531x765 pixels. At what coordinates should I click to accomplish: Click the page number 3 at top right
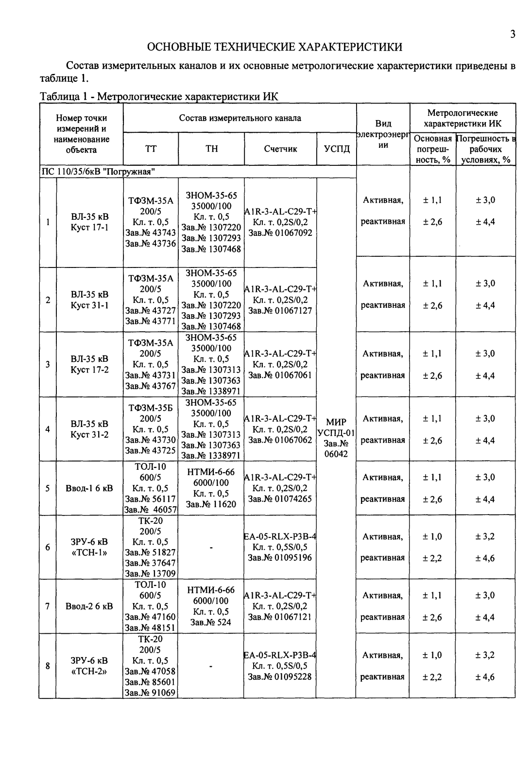(512, 34)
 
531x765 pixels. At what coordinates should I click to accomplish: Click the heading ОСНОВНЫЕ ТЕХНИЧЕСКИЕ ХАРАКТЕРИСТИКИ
(274, 47)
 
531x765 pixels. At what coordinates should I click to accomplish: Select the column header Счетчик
(280, 149)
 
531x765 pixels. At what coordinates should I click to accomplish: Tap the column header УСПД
(336, 149)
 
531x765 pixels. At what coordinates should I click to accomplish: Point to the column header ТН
(211, 149)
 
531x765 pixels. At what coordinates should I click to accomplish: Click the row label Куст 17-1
(90, 227)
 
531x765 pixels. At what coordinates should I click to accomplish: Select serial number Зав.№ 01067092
(280, 233)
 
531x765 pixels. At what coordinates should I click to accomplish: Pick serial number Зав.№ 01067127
(280, 310)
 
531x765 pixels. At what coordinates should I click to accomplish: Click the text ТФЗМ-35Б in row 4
(150, 408)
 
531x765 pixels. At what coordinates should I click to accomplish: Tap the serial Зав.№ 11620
(211, 504)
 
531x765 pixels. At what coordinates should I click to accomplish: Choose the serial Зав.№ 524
(211, 622)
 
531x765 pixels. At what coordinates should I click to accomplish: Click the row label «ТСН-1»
(90, 552)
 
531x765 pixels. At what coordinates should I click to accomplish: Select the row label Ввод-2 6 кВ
(89, 606)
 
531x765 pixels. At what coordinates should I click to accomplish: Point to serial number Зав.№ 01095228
(280, 676)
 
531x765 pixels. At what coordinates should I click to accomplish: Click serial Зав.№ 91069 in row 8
(150, 693)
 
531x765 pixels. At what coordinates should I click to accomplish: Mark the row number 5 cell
(48, 488)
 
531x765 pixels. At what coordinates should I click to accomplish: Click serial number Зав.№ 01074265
(280, 498)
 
